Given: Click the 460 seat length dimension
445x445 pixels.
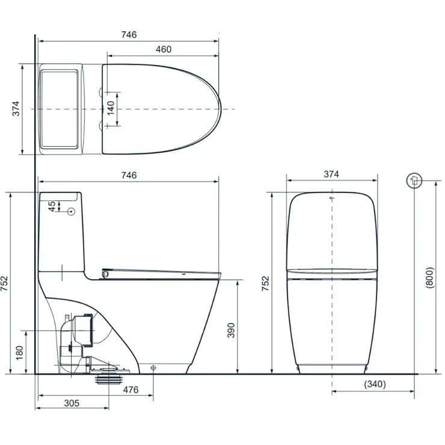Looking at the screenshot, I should pos(164,49).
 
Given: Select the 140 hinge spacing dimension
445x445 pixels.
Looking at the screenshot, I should pos(110,108).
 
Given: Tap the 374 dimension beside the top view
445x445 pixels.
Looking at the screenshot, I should pos(16,108).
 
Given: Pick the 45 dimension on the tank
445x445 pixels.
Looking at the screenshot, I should pos(52,205).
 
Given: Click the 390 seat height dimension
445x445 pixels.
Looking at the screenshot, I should pos(230,329).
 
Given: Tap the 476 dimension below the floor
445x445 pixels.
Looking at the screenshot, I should pos(130,390).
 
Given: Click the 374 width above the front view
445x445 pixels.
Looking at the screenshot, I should pos(331,174).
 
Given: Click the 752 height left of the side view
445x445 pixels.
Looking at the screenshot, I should pos(5,283).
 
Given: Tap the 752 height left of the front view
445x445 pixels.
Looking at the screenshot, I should pos(266,283).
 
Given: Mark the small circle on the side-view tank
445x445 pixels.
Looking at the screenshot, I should pos(72,211).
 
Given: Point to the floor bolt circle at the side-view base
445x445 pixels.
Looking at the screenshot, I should pos(153,367).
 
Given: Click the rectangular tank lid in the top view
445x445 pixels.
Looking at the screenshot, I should pos(60,108).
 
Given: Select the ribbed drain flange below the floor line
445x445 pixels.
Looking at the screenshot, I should pos(111,379).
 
